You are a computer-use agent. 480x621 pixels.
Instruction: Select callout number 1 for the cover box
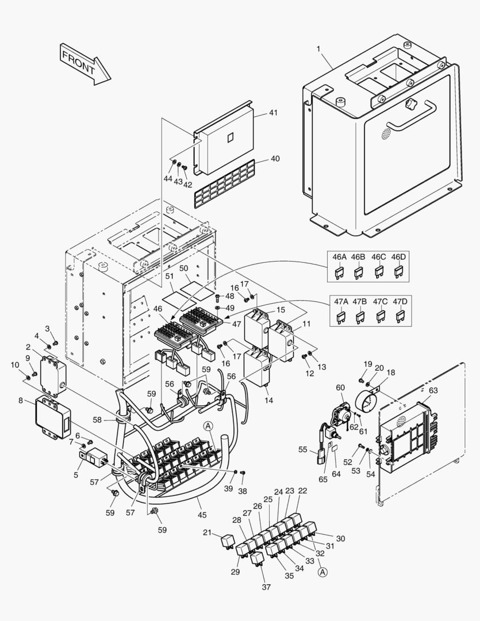(318, 48)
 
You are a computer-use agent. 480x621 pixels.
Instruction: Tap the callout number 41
(272, 113)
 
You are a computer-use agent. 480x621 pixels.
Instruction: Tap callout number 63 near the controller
(433, 390)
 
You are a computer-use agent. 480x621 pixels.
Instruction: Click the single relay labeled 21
(228, 540)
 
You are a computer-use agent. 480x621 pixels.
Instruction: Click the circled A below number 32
(322, 572)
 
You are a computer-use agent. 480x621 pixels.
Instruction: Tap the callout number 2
(27, 347)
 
